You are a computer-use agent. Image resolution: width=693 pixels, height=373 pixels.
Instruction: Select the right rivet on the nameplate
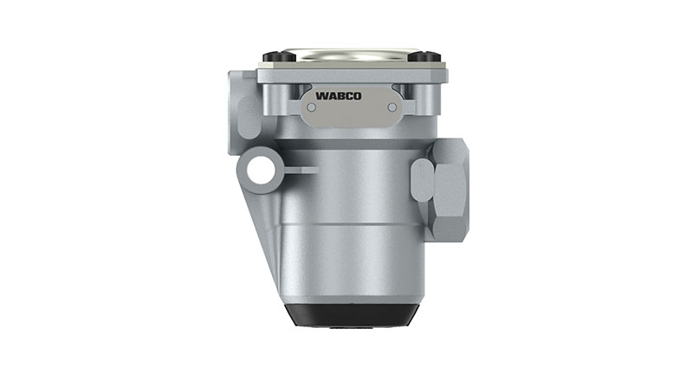click(x=392, y=106)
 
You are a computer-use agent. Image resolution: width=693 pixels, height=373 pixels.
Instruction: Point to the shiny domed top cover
click(x=346, y=55)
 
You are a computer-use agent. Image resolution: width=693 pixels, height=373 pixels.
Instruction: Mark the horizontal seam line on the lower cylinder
click(x=346, y=223)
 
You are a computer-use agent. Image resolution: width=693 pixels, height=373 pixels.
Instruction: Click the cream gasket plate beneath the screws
click(x=346, y=66)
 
